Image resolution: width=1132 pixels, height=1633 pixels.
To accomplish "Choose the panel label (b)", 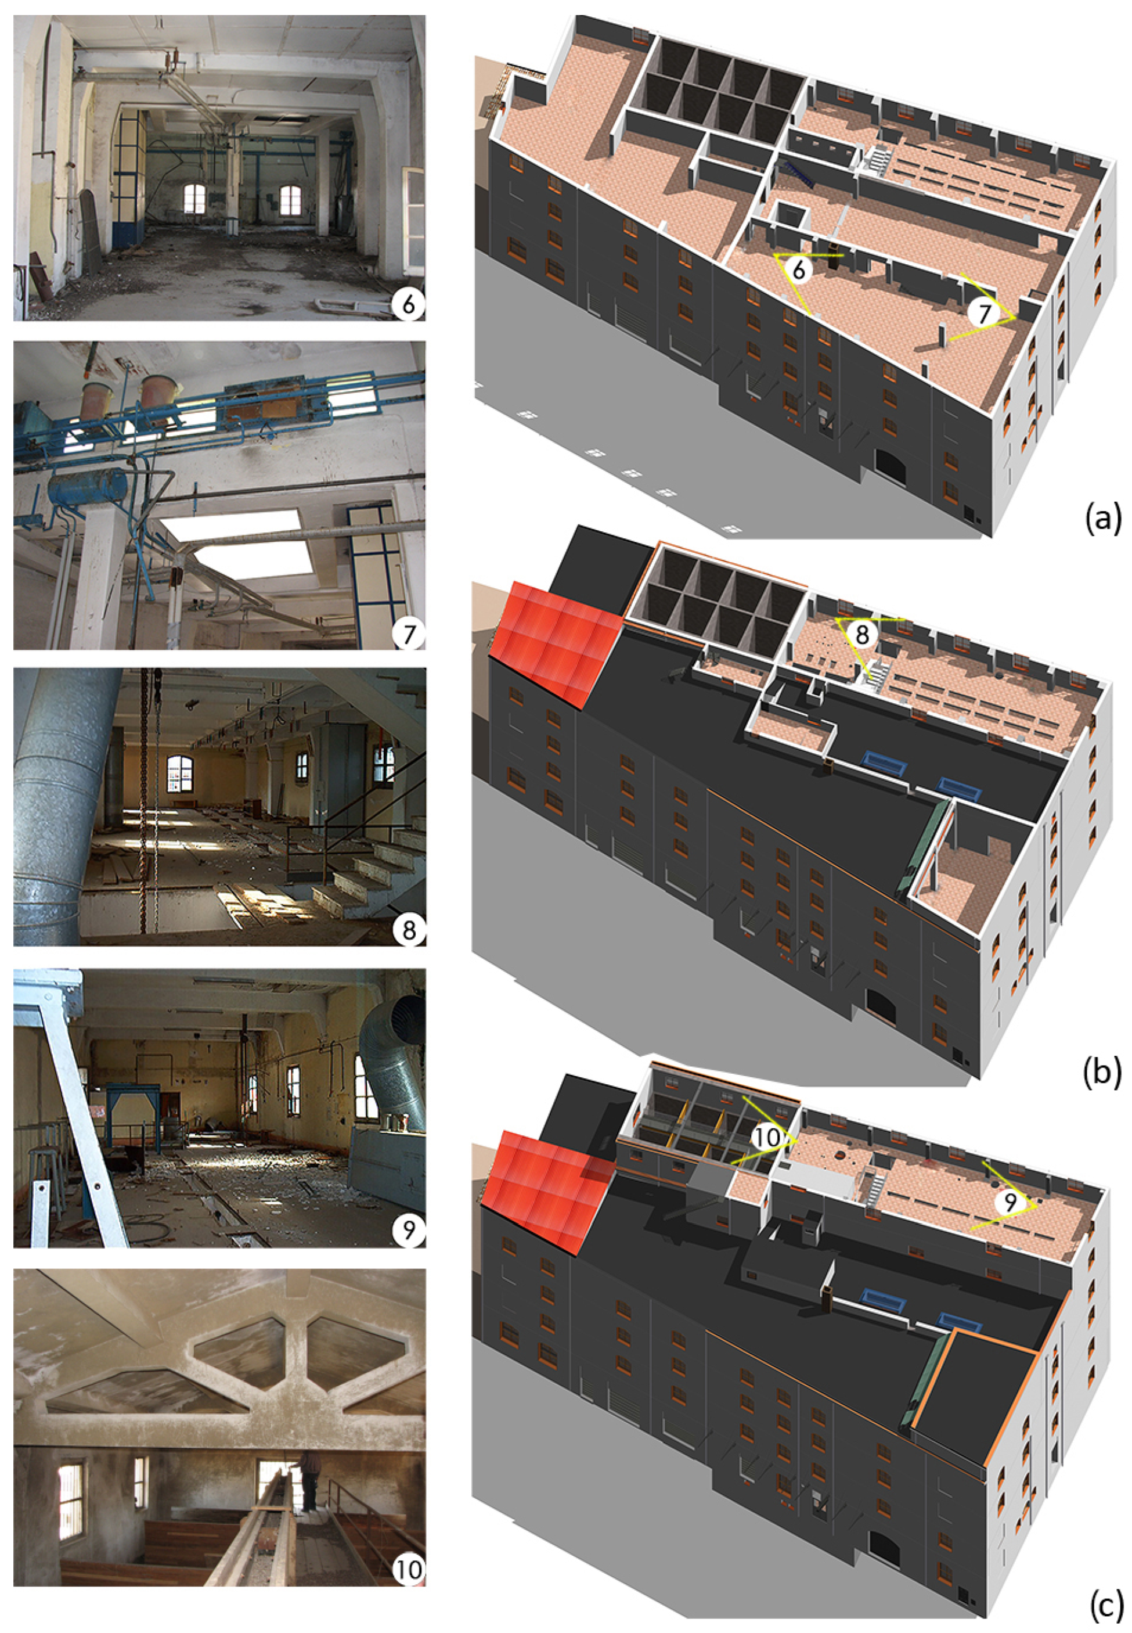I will point(1103,1073).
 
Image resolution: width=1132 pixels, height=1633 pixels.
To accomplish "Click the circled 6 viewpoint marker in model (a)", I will point(799,269).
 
